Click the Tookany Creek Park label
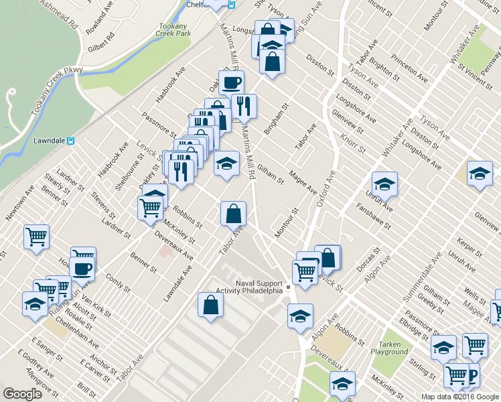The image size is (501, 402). coord(175,29)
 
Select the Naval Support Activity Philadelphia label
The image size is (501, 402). coord(249,287)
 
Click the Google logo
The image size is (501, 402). coord(23,394)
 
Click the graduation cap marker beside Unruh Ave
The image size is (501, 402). coord(384,184)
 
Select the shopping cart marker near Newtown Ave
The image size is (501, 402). coord(36,236)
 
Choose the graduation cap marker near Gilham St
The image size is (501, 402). coord(226,163)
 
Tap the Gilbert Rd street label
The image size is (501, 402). coord(101,42)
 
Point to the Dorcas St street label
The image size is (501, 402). coord(368,259)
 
